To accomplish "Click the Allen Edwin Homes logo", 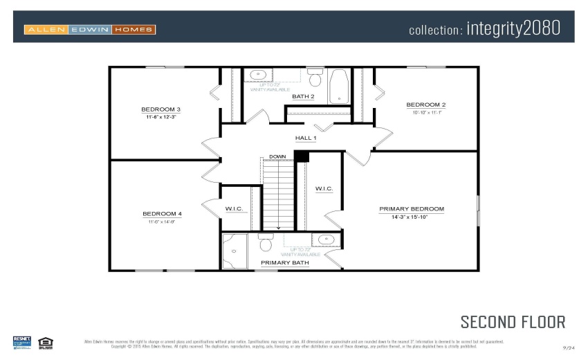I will point(90,29).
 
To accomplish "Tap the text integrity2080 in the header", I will point(513,29).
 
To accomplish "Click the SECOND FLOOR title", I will point(513,322).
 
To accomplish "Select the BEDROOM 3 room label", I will point(160,109).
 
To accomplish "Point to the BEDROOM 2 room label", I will point(425,105).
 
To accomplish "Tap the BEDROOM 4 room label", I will point(162,214).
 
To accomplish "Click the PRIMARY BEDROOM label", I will point(412,208).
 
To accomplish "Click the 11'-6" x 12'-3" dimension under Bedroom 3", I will point(160,118).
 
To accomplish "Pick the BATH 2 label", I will point(303,96).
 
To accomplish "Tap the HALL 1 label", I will point(306,138).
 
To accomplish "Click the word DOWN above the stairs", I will point(277,156).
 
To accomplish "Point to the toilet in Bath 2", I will point(315,75).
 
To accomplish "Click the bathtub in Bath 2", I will point(339,86).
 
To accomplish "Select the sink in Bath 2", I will point(257,75).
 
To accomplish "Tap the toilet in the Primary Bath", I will point(265,243).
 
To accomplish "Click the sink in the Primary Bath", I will point(325,240).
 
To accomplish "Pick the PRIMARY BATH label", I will point(284,262).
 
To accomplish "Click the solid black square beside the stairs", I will point(302,156).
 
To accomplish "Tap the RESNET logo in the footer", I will point(22,341).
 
